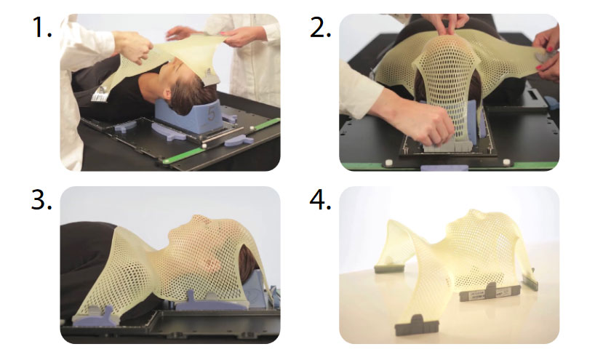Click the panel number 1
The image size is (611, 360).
click(x=41, y=28)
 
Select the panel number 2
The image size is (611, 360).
click(x=320, y=28)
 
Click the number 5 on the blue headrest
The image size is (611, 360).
click(x=211, y=113)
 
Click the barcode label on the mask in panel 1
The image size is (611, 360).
click(x=99, y=94)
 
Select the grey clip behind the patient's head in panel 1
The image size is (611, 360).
click(x=210, y=77)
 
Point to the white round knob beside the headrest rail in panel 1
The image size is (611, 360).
click(x=204, y=145)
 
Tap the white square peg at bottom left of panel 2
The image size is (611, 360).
click(x=388, y=162)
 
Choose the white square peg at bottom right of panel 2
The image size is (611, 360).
click(x=506, y=161)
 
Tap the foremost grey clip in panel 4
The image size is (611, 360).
click(x=416, y=326)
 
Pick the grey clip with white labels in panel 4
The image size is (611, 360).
click(x=490, y=292)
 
